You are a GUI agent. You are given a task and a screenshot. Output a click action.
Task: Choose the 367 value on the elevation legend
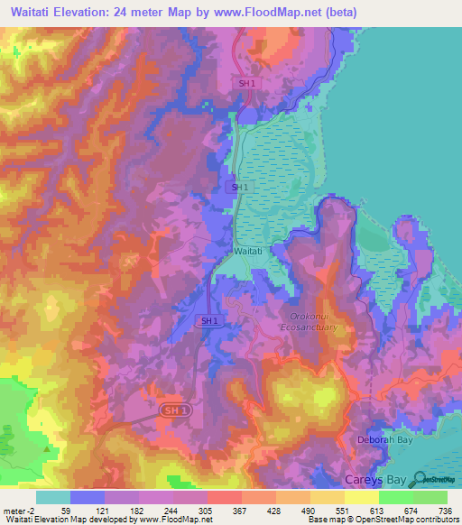point(240,511)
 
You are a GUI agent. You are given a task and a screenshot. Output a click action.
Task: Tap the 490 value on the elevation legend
point(309,511)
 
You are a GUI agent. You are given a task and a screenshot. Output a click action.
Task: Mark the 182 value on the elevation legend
point(137,511)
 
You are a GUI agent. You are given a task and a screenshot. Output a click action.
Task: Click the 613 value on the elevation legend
point(377,511)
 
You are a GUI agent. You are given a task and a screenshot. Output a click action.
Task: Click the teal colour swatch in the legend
point(52,497)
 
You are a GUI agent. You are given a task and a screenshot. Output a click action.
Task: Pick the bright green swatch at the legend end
point(430,497)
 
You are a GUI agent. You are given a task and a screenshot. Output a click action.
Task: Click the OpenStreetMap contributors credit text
point(405,519)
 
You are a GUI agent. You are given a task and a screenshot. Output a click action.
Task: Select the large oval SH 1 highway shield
point(176,410)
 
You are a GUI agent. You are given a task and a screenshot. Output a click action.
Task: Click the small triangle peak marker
point(44,445)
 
